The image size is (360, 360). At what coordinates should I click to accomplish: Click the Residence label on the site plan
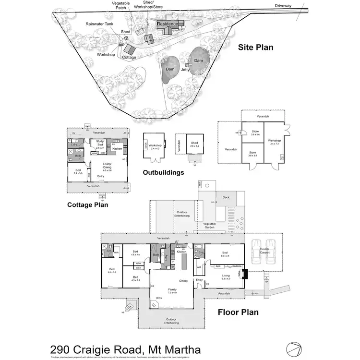pos(168,24)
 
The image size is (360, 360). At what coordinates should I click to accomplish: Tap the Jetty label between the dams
pos(185,70)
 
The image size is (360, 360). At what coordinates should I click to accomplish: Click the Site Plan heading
pos(256,48)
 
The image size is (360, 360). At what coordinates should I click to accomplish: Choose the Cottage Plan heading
pos(87,205)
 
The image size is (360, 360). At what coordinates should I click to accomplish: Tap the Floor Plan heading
pos(238,312)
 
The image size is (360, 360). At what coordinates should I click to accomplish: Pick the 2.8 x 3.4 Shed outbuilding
pos(194,144)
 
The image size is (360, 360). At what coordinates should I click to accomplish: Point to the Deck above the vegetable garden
pos(225,197)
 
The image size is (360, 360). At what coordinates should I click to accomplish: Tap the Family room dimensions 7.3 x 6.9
pos(172,292)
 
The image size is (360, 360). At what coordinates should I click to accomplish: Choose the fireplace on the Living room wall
pos(245,274)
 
